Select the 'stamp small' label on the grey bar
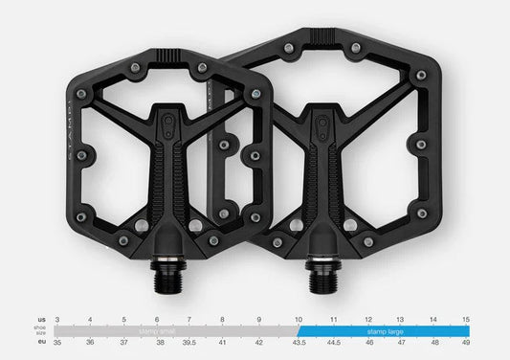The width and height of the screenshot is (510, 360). coord(158,329)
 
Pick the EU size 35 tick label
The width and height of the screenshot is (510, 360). coord(56,342)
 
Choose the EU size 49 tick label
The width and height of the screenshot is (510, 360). coord(466,342)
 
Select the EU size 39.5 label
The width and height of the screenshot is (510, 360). coord(189,342)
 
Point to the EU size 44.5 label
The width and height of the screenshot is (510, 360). coord(334,342)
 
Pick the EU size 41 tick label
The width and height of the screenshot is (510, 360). coord(223,342)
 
